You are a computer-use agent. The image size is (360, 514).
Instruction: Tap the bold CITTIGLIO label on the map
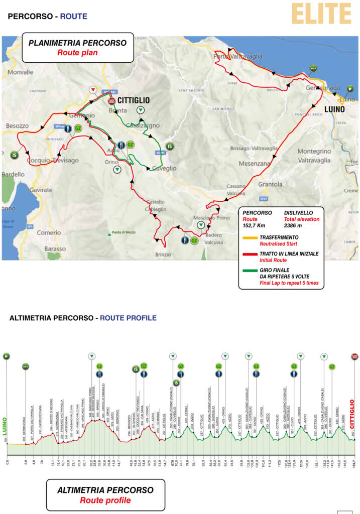click(x=133, y=100)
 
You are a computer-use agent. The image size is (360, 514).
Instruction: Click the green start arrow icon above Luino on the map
click(x=350, y=89)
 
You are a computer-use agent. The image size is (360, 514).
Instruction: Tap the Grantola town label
click(x=271, y=184)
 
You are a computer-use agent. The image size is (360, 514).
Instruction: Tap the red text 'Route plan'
click(x=77, y=52)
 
